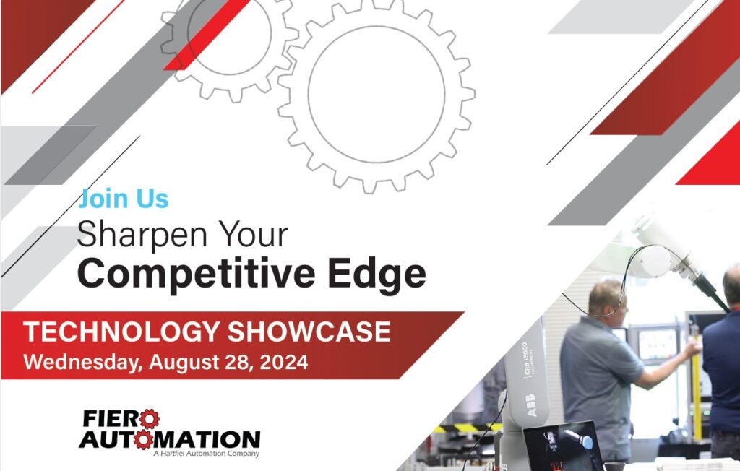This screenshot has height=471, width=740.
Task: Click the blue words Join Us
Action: pos(124,198)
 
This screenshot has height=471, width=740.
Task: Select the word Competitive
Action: pos(196,274)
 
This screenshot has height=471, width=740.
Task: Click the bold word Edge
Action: pos(377,274)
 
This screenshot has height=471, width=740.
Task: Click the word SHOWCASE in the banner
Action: pos(309,332)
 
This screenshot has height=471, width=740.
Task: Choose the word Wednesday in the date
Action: pos(82,363)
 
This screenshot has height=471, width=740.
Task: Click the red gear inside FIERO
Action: pos(149,418)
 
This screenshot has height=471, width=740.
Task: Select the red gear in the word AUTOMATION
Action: pos(143,440)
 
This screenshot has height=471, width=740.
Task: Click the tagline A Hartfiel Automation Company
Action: pos(206,454)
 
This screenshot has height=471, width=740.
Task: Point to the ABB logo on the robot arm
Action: pos(531,405)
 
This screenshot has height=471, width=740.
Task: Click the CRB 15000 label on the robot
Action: pos(525,360)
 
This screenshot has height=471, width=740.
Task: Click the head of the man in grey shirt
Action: pos(606,298)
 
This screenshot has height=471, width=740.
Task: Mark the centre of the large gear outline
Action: pos(377,95)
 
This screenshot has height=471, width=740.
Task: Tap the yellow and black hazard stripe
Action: pos(468,428)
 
